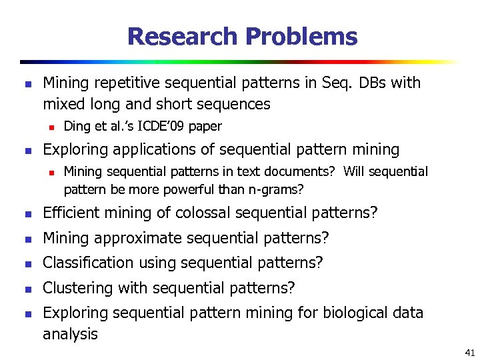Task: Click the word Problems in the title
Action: [301, 36]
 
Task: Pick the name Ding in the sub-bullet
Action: [76, 126]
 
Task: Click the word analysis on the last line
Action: [70, 333]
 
